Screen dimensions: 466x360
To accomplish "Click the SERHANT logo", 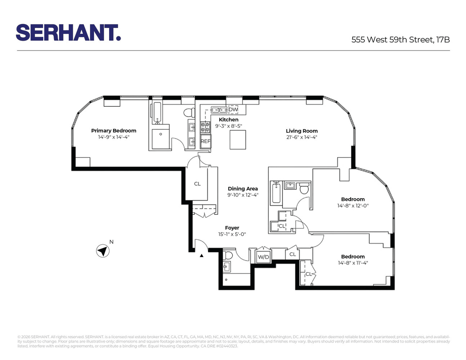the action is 68,32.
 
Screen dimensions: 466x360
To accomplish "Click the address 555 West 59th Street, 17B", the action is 400,40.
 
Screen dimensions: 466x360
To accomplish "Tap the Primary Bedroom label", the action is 114,130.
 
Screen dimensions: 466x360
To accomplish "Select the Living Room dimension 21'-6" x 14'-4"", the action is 301,137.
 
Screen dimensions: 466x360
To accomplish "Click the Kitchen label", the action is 228,120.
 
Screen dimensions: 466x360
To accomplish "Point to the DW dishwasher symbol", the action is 233,110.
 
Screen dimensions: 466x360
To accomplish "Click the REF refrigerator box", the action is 205,141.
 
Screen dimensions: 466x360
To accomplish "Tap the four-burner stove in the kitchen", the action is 205,127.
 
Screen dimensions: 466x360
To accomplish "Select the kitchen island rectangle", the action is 238,139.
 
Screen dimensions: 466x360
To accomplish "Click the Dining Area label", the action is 243,189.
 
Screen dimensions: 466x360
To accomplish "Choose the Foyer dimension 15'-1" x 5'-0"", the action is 232,234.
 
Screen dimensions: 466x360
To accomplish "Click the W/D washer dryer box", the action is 264,257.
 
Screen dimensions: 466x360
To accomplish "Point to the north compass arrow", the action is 103,250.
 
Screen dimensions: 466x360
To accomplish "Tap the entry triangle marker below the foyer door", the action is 202,256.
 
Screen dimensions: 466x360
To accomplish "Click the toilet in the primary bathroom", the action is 190,113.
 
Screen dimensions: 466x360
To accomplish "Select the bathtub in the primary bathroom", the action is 157,113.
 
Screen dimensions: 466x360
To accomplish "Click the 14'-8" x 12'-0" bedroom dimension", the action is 353,205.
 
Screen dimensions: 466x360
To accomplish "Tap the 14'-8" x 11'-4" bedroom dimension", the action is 353,263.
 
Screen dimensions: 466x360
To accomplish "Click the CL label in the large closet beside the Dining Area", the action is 197,184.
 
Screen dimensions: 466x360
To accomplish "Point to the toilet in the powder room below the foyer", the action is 228,255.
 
